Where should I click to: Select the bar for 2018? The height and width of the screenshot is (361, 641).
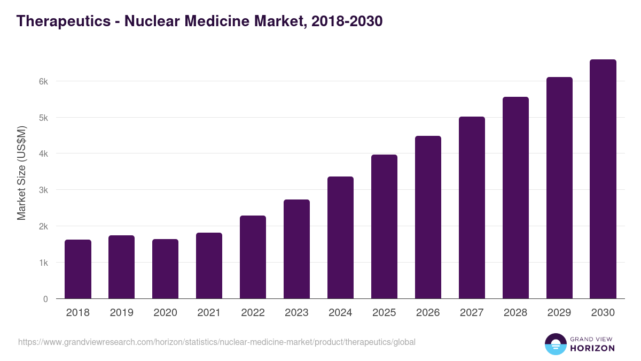point(78,269)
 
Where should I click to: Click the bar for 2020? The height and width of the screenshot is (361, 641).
point(166,269)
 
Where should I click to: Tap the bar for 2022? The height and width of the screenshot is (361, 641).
point(253,257)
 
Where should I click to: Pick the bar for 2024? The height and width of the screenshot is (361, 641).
point(341,237)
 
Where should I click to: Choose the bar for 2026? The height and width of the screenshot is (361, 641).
point(428,217)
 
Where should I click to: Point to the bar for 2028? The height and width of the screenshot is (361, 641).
point(516,198)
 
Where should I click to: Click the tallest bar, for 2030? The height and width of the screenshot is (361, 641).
point(604,179)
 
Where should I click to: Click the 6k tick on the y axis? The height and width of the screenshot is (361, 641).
point(43,81)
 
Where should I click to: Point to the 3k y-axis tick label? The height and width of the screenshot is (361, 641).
point(43,190)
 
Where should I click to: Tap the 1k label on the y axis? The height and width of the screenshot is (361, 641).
point(43,263)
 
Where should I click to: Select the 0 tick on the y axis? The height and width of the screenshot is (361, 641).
point(46,299)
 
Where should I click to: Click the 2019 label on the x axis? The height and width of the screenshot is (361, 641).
point(122,313)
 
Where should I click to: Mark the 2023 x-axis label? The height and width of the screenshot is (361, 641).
point(297,313)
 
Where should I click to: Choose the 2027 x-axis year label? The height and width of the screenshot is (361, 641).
point(472,313)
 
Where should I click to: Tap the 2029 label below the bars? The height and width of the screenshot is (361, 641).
point(560,313)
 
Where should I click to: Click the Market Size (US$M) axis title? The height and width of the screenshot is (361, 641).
point(21,173)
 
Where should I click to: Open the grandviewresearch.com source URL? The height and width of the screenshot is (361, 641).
point(217,342)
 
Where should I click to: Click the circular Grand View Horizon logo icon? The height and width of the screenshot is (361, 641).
point(556,344)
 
